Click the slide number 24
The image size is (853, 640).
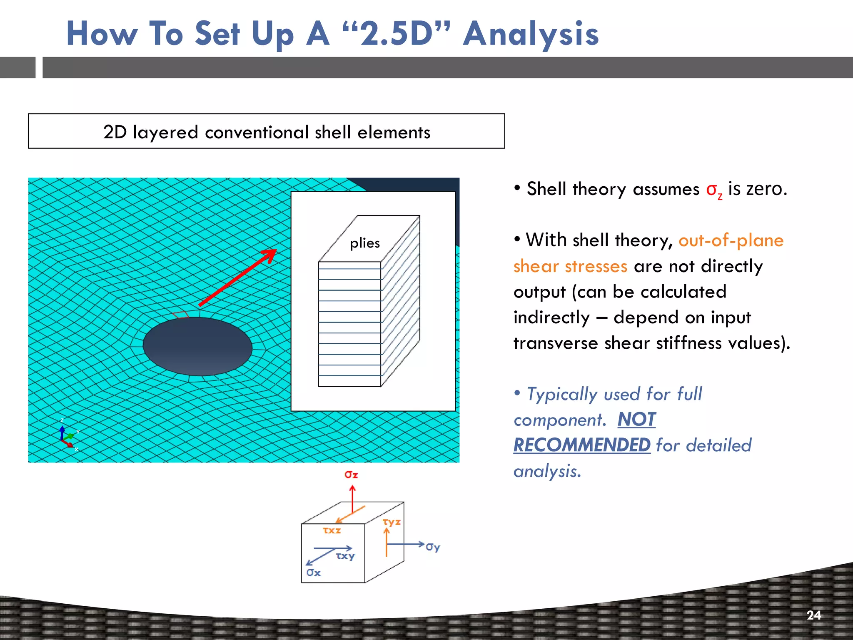(813, 615)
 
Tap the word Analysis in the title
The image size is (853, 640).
(531, 34)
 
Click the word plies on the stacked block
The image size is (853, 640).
(365, 243)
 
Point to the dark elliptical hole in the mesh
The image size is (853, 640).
(197, 346)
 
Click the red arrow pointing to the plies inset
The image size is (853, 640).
(238, 277)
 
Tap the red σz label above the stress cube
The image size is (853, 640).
(351, 475)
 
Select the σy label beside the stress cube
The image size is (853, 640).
(433, 547)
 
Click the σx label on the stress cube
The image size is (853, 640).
(313, 573)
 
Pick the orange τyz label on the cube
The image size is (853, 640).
(392, 522)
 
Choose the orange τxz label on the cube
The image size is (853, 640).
(332, 530)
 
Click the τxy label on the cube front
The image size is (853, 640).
(345, 556)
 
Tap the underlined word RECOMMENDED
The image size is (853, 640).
(581, 445)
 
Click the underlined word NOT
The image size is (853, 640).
(636, 420)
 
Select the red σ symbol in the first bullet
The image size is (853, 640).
(711, 190)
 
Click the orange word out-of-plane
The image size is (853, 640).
(731, 241)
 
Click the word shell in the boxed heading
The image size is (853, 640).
(332, 132)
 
